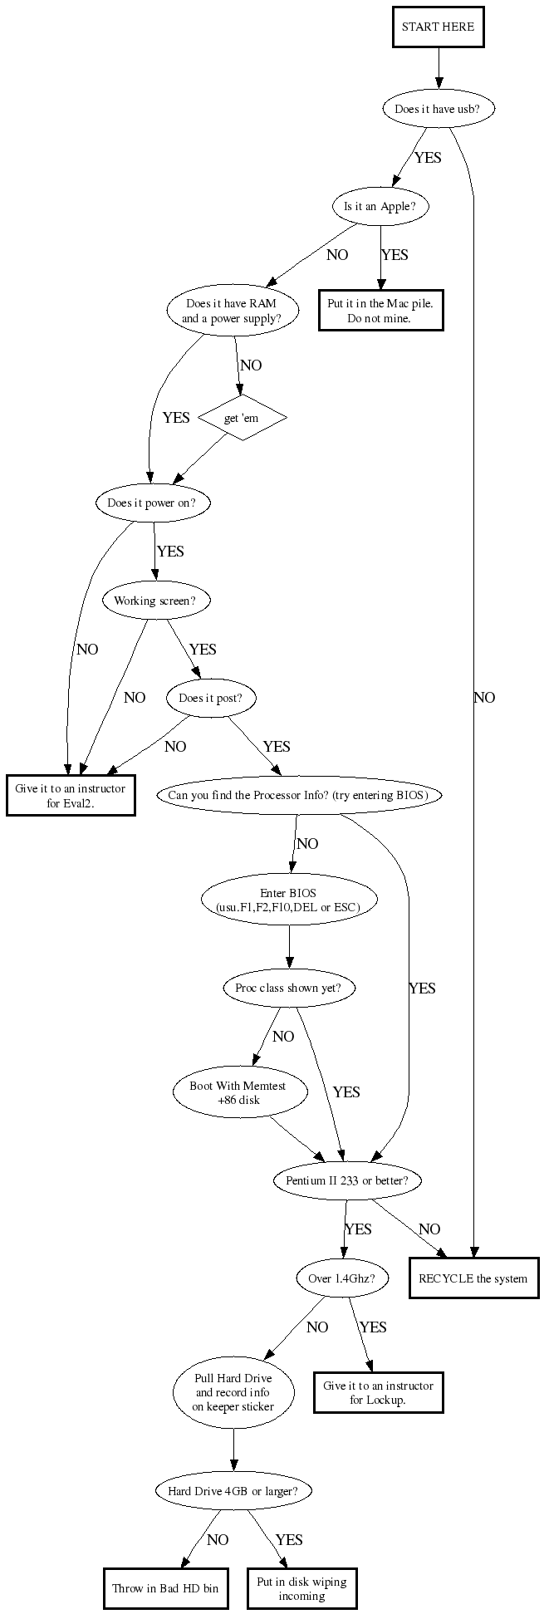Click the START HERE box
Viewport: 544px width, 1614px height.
(x=438, y=27)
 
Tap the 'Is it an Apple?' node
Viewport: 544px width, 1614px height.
(x=380, y=207)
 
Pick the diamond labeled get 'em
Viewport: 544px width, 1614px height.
(x=242, y=418)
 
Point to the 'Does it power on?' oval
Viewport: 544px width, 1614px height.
(x=153, y=503)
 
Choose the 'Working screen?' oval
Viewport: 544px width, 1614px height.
(x=156, y=601)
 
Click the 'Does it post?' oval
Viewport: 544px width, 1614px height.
(x=211, y=699)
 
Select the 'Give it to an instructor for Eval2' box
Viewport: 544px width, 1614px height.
(x=71, y=796)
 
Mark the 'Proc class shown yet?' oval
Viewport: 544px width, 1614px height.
(x=289, y=988)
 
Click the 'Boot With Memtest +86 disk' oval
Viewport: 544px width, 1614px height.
(x=238, y=1092)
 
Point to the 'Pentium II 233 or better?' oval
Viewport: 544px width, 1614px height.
(x=347, y=1180)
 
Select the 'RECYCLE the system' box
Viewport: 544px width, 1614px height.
(x=473, y=1278)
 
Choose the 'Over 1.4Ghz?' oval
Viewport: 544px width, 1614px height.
(x=342, y=1278)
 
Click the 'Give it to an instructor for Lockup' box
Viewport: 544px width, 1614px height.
(x=378, y=1392)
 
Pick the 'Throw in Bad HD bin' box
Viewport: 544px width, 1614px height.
(x=165, y=1588)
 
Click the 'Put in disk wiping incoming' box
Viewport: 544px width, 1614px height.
(x=301, y=1588)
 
